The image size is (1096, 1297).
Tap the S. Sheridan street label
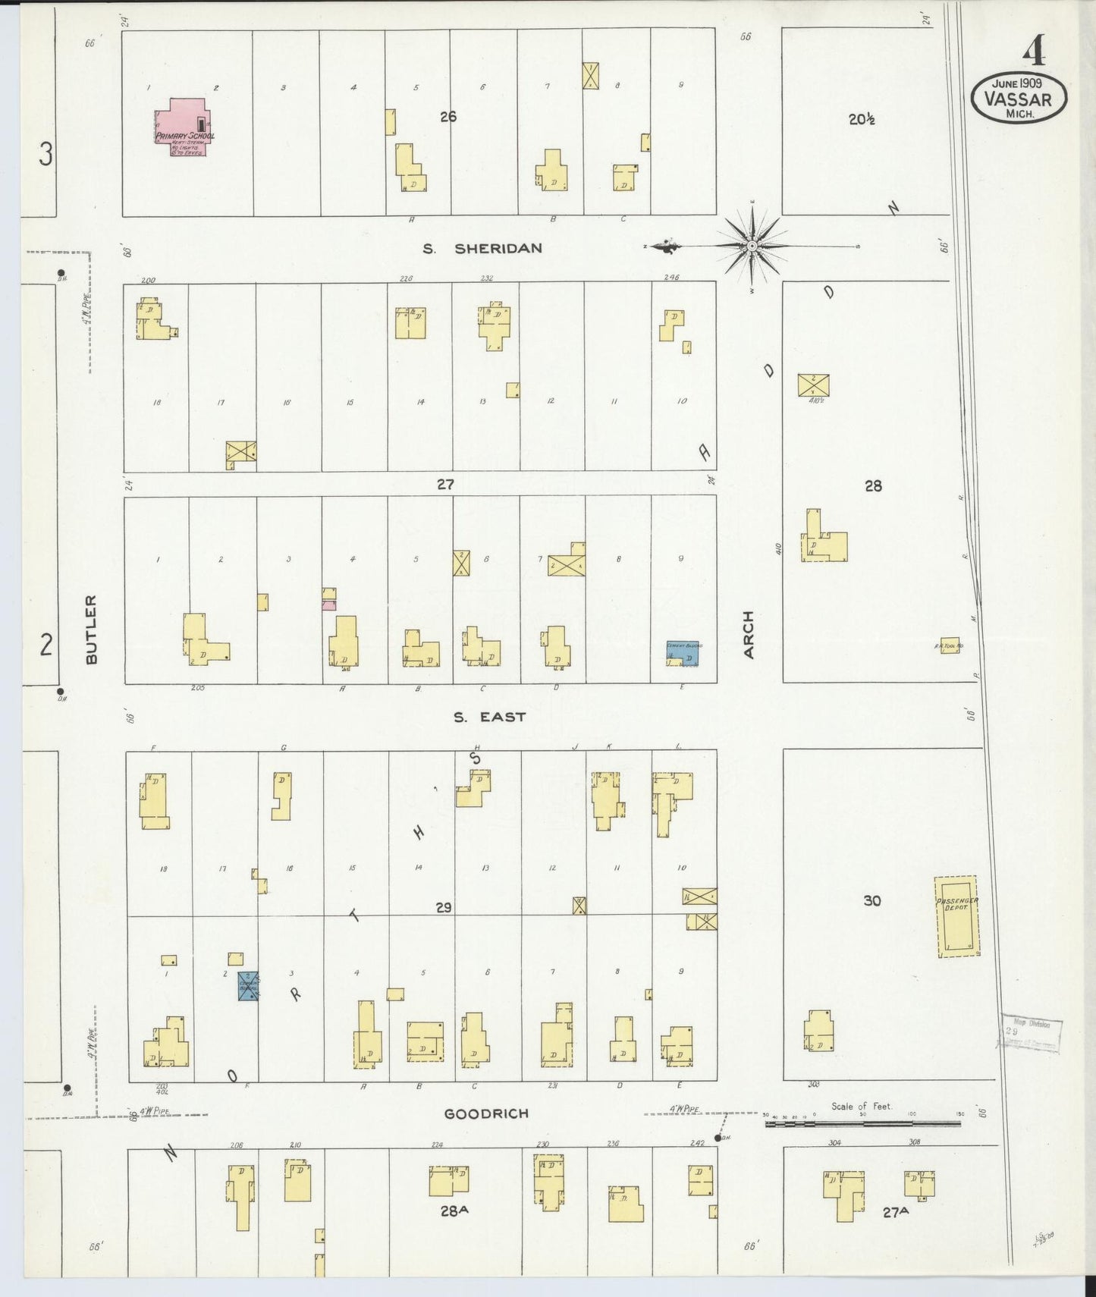click(x=482, y=248)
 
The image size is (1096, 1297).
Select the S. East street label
click(x=489, y=717)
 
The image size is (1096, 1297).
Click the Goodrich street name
click(x=486, y=1113)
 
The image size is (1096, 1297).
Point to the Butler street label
click(x=92, y=630)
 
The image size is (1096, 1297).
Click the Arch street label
click(x=749, y=634)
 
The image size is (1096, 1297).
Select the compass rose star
click(x=751, y=246)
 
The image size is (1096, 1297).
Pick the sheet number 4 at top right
click(x=1033, y=52)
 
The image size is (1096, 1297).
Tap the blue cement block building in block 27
click(x=683, y=653)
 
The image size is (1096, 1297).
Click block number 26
click(x=448, y=116)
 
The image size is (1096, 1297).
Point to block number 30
click(x=872, y=900)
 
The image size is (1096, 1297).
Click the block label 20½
click(x=862, y=119)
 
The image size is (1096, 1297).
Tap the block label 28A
click(x=454, y=1211)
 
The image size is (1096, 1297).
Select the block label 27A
click(x=896, y=1212)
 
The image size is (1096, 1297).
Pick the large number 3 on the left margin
click(x=46, y=155)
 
